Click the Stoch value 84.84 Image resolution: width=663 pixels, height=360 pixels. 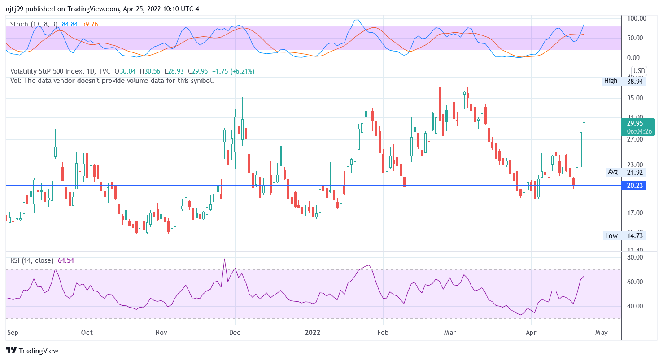pyautogui.click(x=70, y=24)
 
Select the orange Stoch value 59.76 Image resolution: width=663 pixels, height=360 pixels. pyautogui.click(x=90, y=24)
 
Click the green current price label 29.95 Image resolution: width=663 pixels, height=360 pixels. pyautogui.click(x=636, y=123)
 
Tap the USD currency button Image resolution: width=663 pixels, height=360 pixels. pyautogui.click(x=639, y=71)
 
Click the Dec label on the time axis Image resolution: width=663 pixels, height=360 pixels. pyautogui.click(x=235, y=333)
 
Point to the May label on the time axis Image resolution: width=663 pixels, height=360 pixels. pyautogui.click(x=601, y=333)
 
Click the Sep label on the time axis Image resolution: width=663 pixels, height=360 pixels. pyautogui.click(x=13, y=333)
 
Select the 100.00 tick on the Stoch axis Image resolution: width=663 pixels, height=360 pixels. pyautogui.click(x=636, y=18)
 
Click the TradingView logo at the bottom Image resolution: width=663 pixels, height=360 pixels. pyautogui.click(x=32, y=351)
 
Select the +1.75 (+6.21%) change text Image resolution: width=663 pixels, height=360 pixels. pyautogui.click(x=240, y=71)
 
